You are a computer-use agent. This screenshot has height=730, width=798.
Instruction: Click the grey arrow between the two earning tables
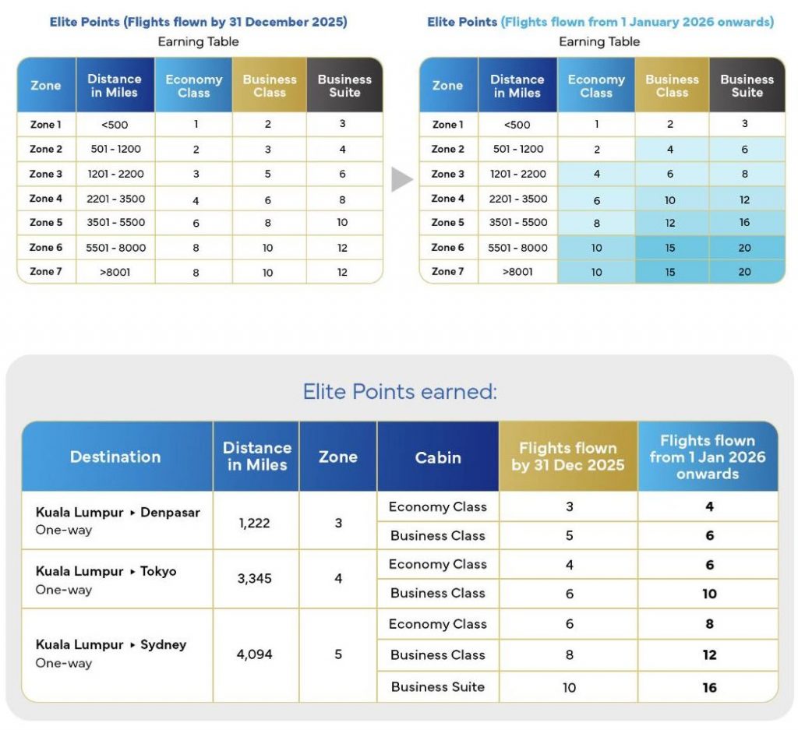tap(401, 180)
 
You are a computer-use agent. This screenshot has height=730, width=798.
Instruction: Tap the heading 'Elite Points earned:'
tap(399, 391)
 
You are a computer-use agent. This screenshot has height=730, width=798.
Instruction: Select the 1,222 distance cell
tap(255, 523)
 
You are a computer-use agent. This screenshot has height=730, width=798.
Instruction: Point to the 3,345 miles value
tap(255, 580)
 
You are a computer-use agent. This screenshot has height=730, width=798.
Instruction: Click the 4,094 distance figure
tap(255, 654)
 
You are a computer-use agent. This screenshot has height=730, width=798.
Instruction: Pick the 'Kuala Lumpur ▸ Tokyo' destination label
tap(106, 571)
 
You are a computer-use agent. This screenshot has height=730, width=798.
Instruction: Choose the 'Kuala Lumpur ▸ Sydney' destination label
tap(111, 645)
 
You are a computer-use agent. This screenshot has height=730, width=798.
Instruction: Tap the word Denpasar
tap(170, 513)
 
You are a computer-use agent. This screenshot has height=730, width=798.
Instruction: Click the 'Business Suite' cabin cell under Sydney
tap(437, 687)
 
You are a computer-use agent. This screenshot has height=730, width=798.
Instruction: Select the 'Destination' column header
tap(115, 457)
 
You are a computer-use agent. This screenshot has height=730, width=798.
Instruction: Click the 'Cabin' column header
tap(437, 457)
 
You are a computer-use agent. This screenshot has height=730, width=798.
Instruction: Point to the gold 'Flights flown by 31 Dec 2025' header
tap(568, 457)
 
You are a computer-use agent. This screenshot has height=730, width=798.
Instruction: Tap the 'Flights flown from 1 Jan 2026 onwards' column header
tap(708, 457)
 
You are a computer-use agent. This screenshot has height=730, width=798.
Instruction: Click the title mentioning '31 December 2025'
tap(198, 22)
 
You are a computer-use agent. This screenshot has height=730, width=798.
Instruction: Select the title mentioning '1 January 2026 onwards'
tap(600, 22)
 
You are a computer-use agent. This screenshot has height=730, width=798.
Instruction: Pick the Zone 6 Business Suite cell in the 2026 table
tap(745, 248)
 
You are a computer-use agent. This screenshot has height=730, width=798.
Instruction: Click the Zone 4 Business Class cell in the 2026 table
tap(670, 199)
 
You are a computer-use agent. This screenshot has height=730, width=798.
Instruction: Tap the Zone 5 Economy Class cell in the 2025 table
tap(196, 224)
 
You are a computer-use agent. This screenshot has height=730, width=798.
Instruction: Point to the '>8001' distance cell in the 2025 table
tap(115, 273)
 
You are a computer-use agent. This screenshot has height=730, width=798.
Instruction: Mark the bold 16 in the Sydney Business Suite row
tap(709, 688)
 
